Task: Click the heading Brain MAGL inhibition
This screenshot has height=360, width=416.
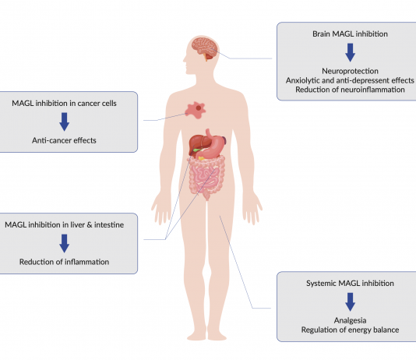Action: point(350,34)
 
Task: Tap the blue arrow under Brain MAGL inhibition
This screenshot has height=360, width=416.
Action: point(351,52)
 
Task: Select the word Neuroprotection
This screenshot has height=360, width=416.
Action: point(350,71)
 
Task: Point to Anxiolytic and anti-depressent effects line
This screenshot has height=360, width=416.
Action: point(350,80)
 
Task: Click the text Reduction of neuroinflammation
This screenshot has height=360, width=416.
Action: point(350,90)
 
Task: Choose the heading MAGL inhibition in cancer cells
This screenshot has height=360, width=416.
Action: point(64,103)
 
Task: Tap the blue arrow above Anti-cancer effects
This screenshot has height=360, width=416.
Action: point(64,122)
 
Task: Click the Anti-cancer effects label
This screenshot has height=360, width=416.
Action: point(64,140)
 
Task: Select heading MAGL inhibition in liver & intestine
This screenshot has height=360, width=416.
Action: point(64,224)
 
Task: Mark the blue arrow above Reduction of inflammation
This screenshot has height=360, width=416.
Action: point(64,243)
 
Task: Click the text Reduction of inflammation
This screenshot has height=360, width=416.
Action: point(64,262)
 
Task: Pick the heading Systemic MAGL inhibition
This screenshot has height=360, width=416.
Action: point(350,284)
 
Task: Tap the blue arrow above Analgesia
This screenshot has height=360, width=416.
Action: point(351,302)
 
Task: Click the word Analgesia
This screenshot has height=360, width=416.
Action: point(350,320)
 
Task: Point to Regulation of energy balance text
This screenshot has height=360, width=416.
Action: point(350,330)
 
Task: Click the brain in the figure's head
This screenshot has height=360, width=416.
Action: point(204,48)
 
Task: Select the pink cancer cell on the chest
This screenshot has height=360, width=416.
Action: point(196,110)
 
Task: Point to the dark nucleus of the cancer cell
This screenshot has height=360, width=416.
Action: point(199,108)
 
